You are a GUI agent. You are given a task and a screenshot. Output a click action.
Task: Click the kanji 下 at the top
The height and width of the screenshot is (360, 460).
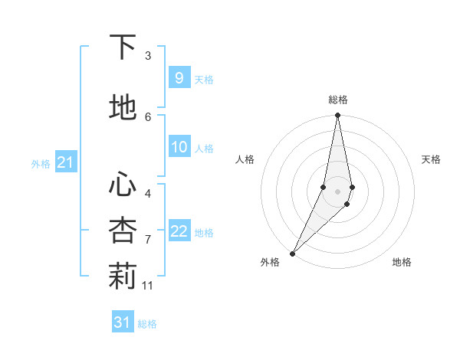pyautogui.click(x=123, y=47)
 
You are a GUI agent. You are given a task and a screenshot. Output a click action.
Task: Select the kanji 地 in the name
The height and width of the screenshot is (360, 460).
pyautogui.click(x=123, y=108)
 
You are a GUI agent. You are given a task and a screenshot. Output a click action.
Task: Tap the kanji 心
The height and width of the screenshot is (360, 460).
pyautogui.click(x=123, y=185)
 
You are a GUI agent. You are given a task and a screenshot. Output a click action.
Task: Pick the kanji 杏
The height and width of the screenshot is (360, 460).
pyautogui.click(x=123, y=230)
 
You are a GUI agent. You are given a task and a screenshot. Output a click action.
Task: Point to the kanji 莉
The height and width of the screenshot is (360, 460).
pyautogui.click(x=123, y=277)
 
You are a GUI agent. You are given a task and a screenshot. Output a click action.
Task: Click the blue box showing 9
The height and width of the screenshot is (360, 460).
pyautogui.click(x=179, y=78)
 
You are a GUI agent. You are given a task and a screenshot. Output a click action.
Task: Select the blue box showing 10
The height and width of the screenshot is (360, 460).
pyautogui.click(x=179, y=147)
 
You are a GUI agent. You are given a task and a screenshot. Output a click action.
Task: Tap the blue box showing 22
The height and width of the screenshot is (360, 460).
pyautogui.click(x=179, y=231)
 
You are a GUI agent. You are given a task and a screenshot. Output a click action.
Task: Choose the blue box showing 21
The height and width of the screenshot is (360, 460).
pyautogui.click(x=65, y=162)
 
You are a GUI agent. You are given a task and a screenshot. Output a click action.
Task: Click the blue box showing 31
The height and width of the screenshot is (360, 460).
pyautogui.click(x=122, y=322)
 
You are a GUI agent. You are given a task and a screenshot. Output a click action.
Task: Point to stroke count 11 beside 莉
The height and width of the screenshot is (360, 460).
pyautogui.click(x=148, y=286)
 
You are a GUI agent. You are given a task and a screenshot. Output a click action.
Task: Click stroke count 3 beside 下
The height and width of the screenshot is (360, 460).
pyautogui.click(x=148, y=56)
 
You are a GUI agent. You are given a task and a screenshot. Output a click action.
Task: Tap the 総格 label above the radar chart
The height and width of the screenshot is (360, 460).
pyautogui.click(x=337, y=100)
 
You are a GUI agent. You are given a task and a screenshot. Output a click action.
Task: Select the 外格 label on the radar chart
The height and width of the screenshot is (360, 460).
pyautogui.click(x=270, y=262)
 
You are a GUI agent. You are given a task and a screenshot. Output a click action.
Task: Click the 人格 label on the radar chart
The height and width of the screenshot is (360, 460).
pyautogui.click(x=245, y=159)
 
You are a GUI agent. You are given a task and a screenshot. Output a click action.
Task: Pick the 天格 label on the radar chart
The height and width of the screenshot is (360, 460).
pyautogui.click(x=431, y=159)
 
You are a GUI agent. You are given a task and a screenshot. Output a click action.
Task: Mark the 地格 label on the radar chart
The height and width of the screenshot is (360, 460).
pyautogui.click(x=402, y=262)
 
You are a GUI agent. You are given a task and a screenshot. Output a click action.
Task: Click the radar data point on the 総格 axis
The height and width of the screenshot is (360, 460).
pyautogui.click(x=337, y=116)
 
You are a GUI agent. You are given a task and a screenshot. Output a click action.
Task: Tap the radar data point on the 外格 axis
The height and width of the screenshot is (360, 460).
pyautogui.click(x=292, y=253)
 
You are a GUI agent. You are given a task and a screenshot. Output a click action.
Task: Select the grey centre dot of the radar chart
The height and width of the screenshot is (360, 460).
pyautogui.click(x=337, y=191)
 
